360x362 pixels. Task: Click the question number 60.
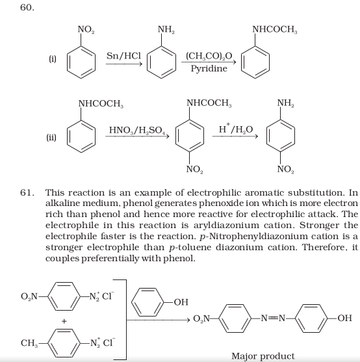coord(27,8)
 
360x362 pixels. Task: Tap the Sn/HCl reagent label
coord(123,56)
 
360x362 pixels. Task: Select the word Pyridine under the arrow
coord(209,69)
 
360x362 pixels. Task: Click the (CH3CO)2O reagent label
coord(209,56)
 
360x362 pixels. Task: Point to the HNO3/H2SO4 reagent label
coord(137,130)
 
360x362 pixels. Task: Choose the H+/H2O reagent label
coord(236,129)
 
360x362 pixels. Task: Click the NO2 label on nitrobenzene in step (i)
coord(86,29)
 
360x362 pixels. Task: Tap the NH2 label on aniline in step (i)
coord(166,29)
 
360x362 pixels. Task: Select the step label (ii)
coord(51,137)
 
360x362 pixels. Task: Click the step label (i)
coord(53,59)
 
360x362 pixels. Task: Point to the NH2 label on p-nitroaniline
coord(286,103)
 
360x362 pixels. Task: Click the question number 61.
coord(27,192)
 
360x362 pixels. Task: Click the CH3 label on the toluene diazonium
coord(29,343)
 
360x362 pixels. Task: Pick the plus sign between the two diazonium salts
coord(64,321)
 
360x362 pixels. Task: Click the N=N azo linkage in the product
coord(273,318)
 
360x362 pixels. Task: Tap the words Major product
coord(263,356)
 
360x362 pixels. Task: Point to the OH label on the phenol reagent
coord(181,302)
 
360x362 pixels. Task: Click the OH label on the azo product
coord(345,318)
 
